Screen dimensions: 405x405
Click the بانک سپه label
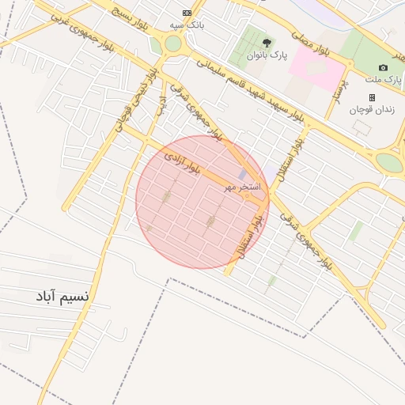point(187,25)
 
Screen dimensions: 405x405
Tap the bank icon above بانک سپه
point(187,13)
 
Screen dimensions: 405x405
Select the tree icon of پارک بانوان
point(264,44)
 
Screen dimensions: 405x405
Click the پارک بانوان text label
point(264,56)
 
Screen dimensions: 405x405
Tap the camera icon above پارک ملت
point(384,68)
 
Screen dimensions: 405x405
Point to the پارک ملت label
point(383,80)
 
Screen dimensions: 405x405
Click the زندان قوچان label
point(372,109)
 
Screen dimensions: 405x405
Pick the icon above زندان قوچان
point(372,97)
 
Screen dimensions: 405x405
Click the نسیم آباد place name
point(61,297)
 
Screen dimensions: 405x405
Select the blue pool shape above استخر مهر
point(242,175)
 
